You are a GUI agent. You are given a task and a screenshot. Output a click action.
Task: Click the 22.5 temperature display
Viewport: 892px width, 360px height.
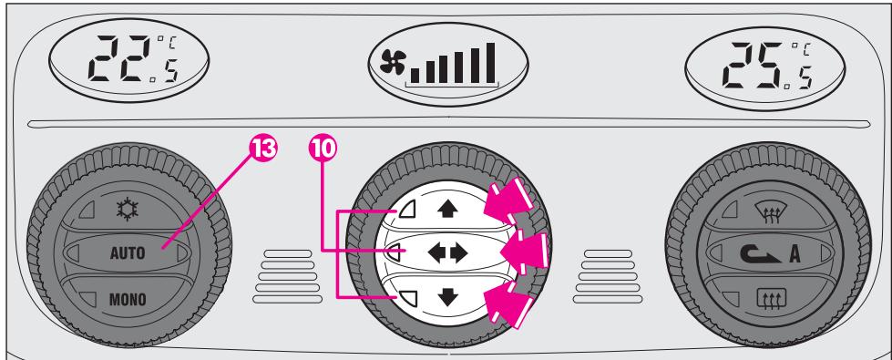(x=127, y=60)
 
